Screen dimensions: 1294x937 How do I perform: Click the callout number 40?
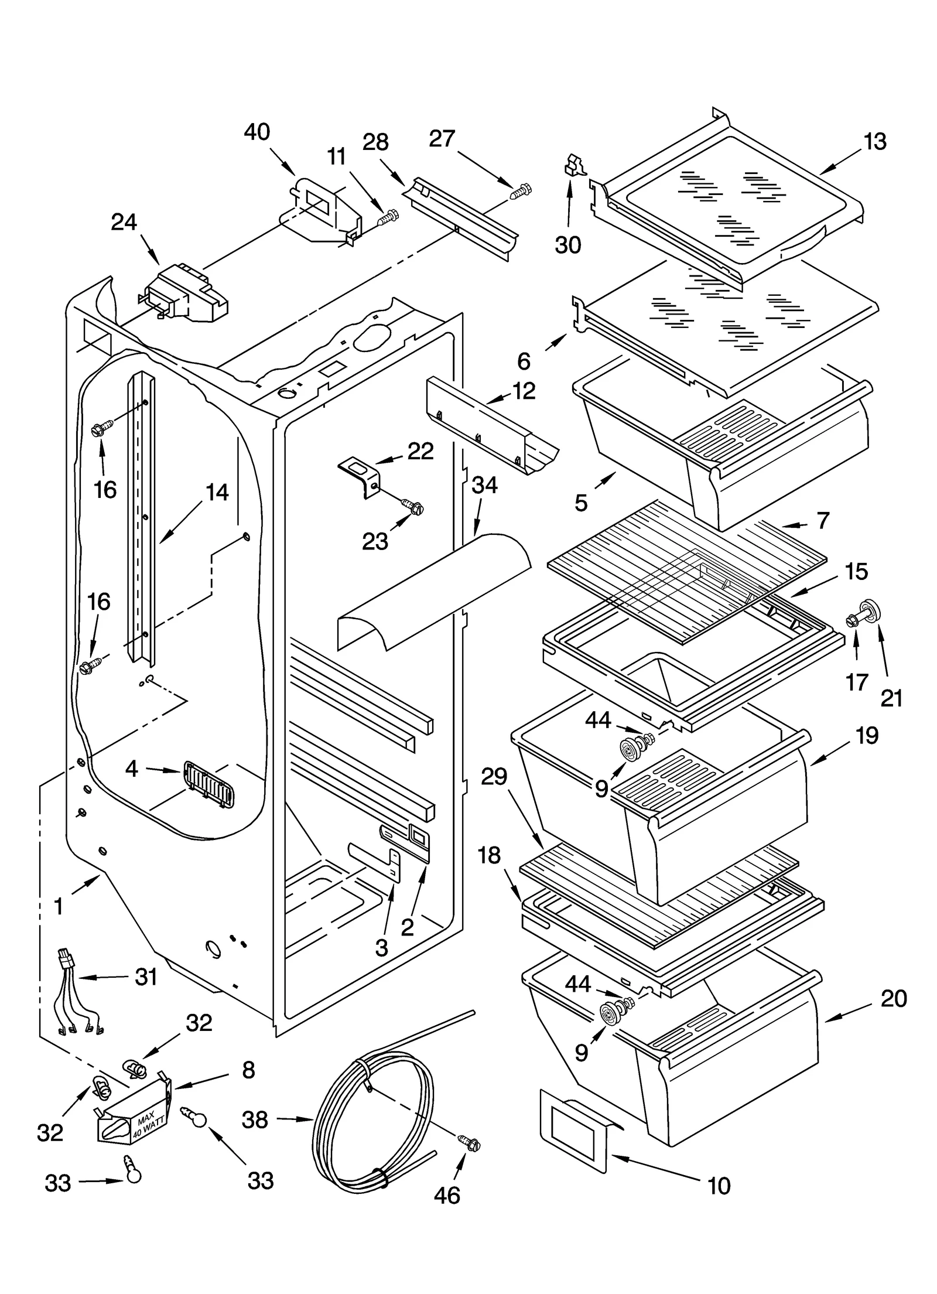pos(257,132)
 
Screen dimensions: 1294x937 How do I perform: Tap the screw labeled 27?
pos(521,191)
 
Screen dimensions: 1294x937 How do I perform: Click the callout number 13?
pos(875,142)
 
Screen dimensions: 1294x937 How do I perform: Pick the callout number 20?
pos(894,998)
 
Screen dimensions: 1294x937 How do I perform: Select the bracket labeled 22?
pos(360,473)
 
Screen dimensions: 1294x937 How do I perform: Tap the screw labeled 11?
pos(388,218)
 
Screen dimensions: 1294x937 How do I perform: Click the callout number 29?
pos(494,777)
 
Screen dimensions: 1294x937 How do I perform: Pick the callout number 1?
pos(58,906)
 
